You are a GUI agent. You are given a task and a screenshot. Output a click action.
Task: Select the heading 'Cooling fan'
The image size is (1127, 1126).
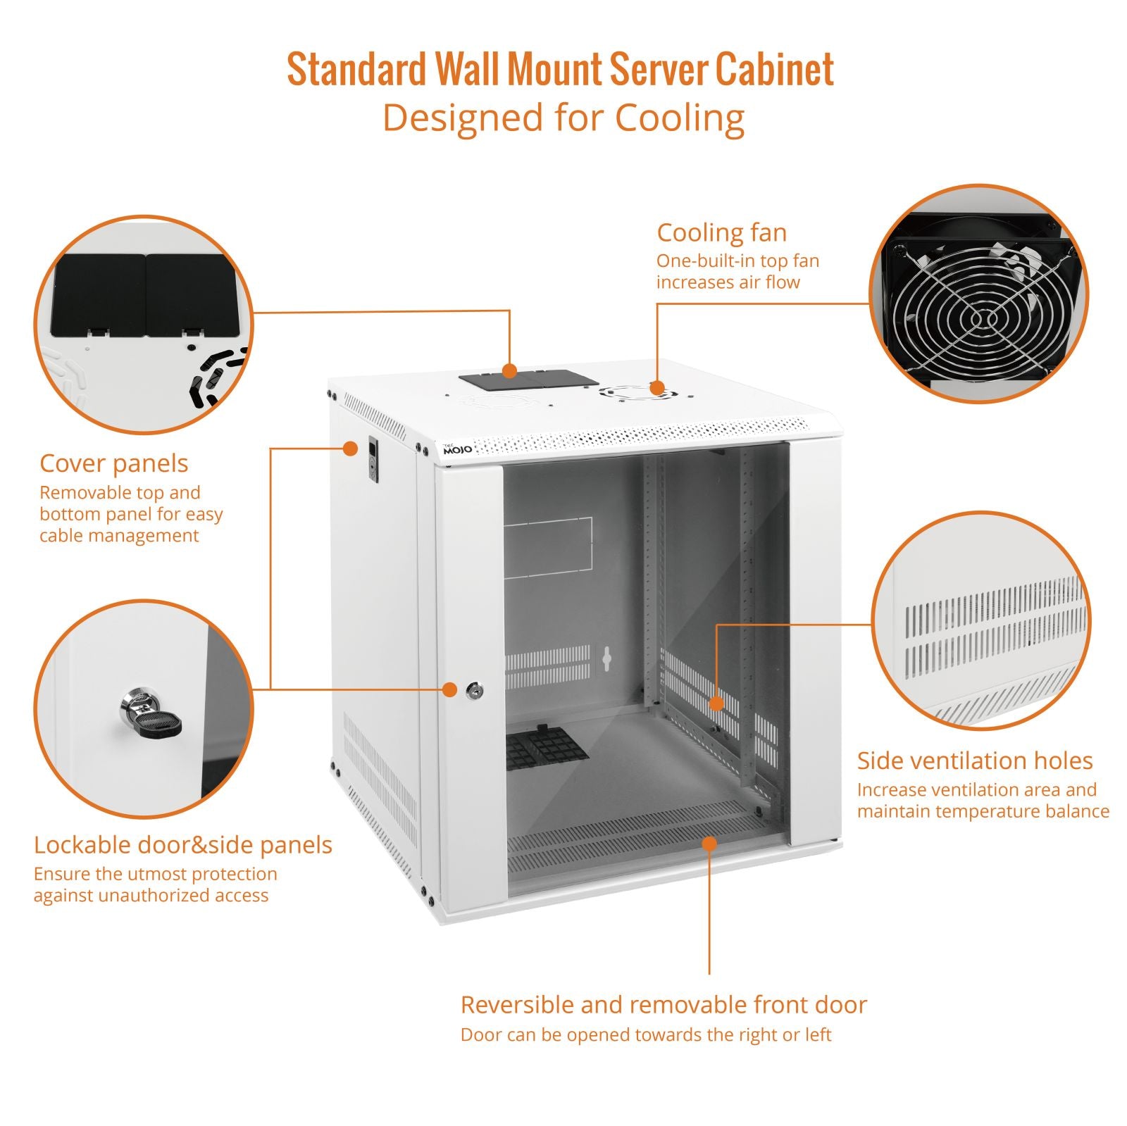pos(722,232)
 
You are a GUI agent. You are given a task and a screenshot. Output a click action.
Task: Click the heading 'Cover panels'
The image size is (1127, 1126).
pos(114,463)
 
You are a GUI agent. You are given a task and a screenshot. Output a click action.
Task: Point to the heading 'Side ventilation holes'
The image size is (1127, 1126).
pos(975,761)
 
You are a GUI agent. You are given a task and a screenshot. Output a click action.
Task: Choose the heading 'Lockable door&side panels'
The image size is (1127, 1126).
pos(183,844)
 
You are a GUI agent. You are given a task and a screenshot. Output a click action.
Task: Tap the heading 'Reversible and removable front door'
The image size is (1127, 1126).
pos(664,1004)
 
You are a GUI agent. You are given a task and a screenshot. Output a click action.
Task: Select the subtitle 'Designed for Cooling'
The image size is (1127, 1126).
pos(563,118)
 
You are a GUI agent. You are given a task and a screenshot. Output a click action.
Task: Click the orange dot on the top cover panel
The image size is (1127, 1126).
pos(509,370)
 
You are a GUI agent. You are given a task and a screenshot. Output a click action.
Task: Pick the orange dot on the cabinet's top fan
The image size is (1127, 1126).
pos(656,387)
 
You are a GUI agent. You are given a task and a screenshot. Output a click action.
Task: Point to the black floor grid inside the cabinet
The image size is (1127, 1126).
pos(547,748)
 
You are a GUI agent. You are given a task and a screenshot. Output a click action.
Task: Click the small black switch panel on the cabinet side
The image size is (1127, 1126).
pos(373,461)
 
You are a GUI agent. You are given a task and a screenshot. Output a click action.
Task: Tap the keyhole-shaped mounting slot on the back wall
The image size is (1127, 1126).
pos(606,658)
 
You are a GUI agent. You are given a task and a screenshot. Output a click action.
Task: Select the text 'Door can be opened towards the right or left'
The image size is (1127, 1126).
pos(646,1034)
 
